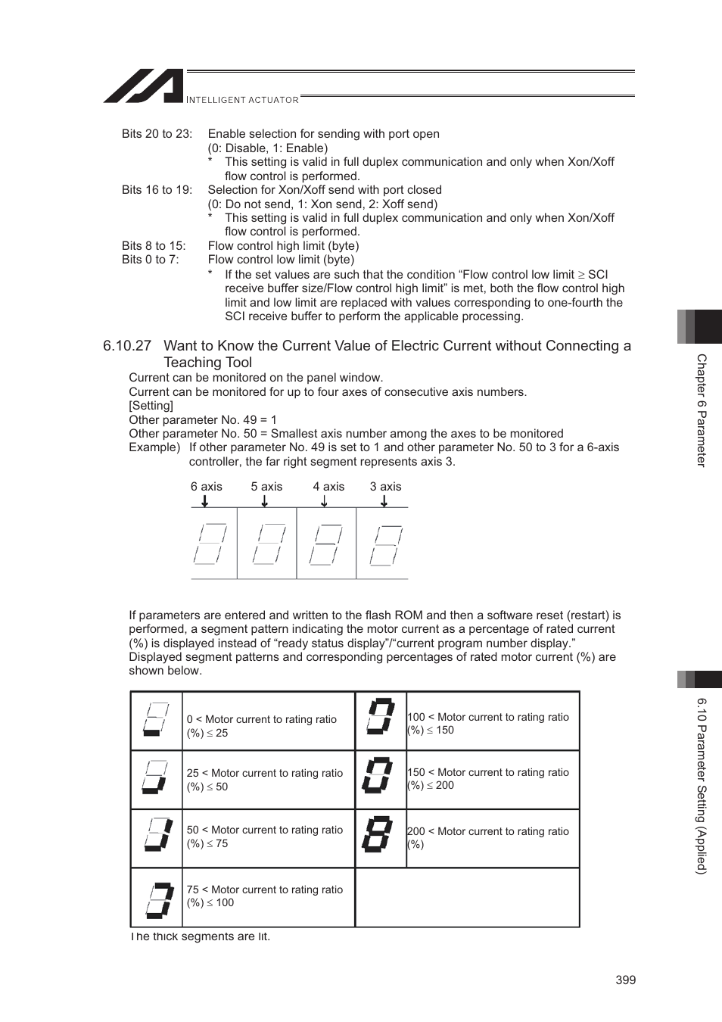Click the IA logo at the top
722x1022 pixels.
144,86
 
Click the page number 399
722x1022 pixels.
625,980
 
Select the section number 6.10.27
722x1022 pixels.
127,346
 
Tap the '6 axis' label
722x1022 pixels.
207,487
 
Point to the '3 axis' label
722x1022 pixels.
385,487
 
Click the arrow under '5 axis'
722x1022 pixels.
265,500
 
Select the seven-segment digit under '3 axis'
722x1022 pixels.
386,544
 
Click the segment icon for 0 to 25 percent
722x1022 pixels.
157,720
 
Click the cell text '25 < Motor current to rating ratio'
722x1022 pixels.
265,773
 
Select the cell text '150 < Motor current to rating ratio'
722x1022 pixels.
488,772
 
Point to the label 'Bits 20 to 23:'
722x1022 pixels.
157,134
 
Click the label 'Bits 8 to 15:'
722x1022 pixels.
154,246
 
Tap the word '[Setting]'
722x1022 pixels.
151,406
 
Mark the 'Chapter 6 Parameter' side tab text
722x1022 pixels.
702,410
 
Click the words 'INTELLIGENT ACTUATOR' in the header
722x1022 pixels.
242,100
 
